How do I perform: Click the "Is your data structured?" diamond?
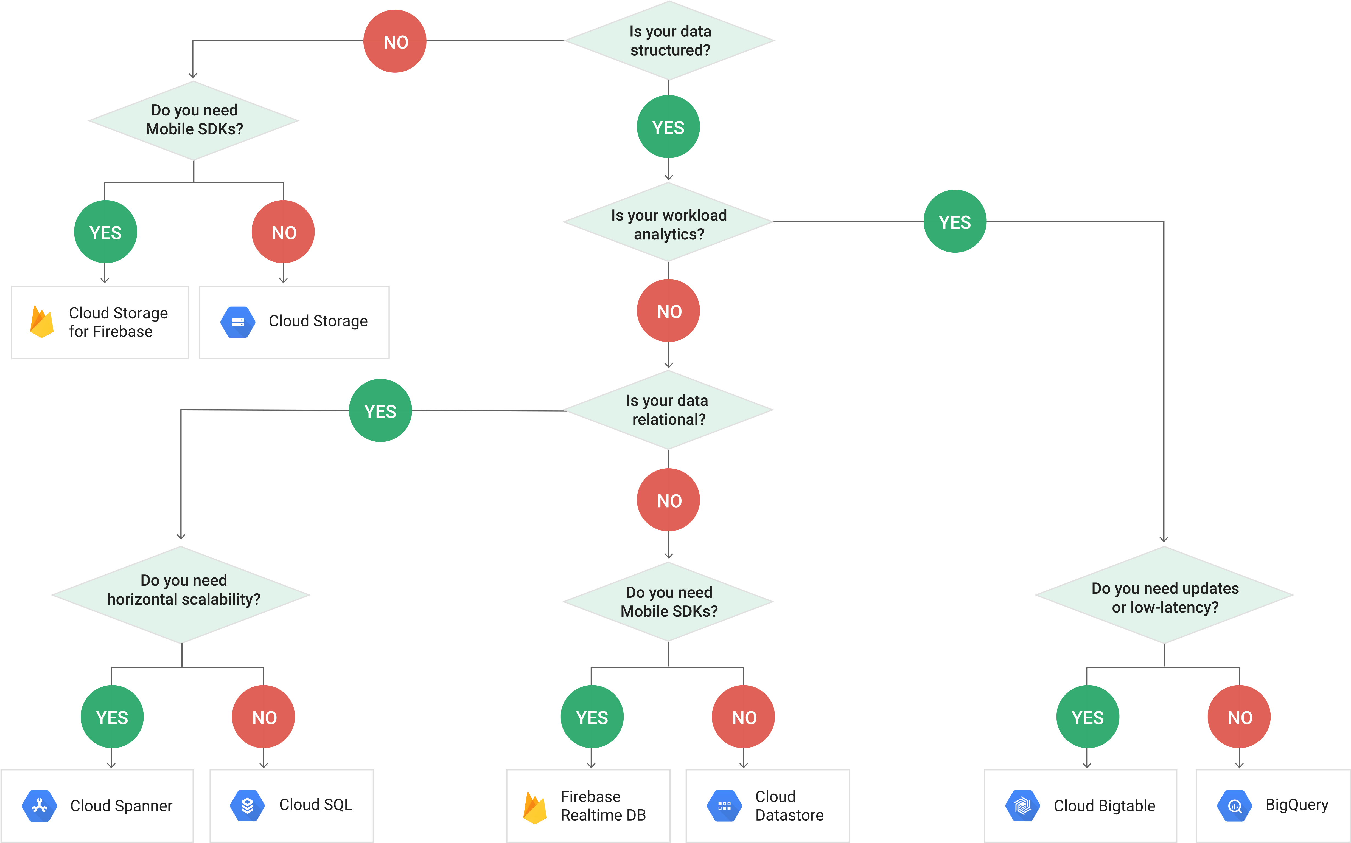click(x=669, y=41)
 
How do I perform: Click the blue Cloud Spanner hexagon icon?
click(x=39, y=806)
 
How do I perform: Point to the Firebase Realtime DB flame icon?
click(x=534, y=807)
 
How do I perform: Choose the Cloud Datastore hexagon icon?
click(x=724, y=806)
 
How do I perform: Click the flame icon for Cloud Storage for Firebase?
click(x=42, y=322)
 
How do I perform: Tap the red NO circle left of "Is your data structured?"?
click(x=395, y=41)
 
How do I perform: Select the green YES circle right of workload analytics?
click(x=955, y=222)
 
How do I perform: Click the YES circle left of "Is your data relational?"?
click(x=380, y=411)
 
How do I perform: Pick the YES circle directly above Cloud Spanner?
click(x=112, y=717)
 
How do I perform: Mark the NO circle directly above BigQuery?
click(x=1240, y=717)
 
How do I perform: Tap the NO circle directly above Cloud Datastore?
click(x=744, y=717)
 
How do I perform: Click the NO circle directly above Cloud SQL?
click(x=264, y=717)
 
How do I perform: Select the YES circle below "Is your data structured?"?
click(x=668, y=127)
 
